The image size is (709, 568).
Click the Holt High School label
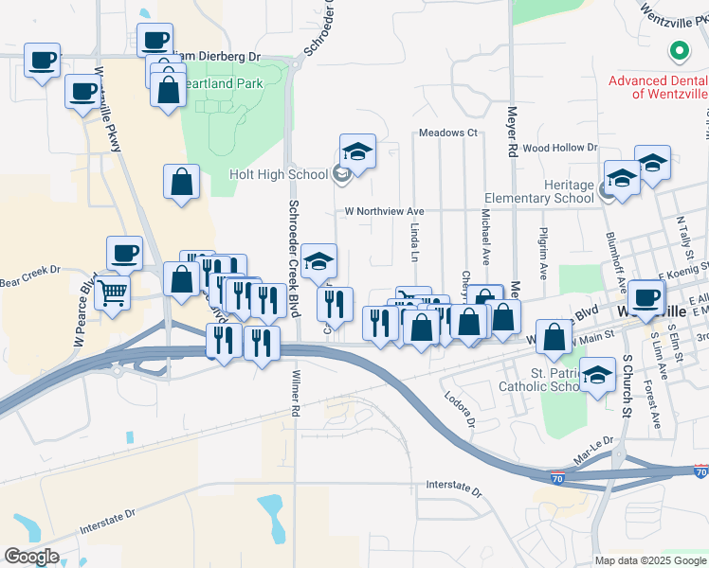(277, 174)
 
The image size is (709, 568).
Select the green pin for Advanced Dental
(679, 51)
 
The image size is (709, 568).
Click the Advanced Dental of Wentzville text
(658, 87)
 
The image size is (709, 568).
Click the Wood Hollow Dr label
(559, 148)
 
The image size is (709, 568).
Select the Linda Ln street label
(414, 242)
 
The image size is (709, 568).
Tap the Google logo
(31, 556)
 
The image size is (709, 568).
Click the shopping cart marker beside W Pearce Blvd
(112, 293)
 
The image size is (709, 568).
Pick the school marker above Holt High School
(357, 151)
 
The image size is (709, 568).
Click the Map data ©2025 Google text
(649, 560)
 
